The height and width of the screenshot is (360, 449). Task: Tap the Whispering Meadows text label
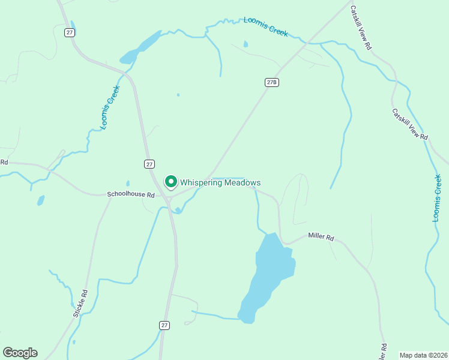[220, 182]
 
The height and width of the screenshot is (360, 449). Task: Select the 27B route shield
[272, 82]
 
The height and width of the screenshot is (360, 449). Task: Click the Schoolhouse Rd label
[131, 194]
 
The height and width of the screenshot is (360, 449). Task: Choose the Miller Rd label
[321, 237]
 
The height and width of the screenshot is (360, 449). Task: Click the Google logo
[20, 353]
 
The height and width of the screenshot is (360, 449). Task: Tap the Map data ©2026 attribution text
[423, 355]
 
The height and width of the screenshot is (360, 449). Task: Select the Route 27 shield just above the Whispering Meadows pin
[149, 164]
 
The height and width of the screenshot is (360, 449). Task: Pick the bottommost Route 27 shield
[164, 325]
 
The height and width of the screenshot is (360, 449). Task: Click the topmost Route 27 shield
[70, 32]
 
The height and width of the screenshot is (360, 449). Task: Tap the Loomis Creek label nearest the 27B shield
[266, 27]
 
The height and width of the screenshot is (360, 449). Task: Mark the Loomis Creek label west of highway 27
[110, 107]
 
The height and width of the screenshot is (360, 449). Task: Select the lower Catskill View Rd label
[410, 124]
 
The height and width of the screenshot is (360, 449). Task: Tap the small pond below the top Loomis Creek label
[246, 44]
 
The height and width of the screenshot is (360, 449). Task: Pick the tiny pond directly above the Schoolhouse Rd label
[127, 184]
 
